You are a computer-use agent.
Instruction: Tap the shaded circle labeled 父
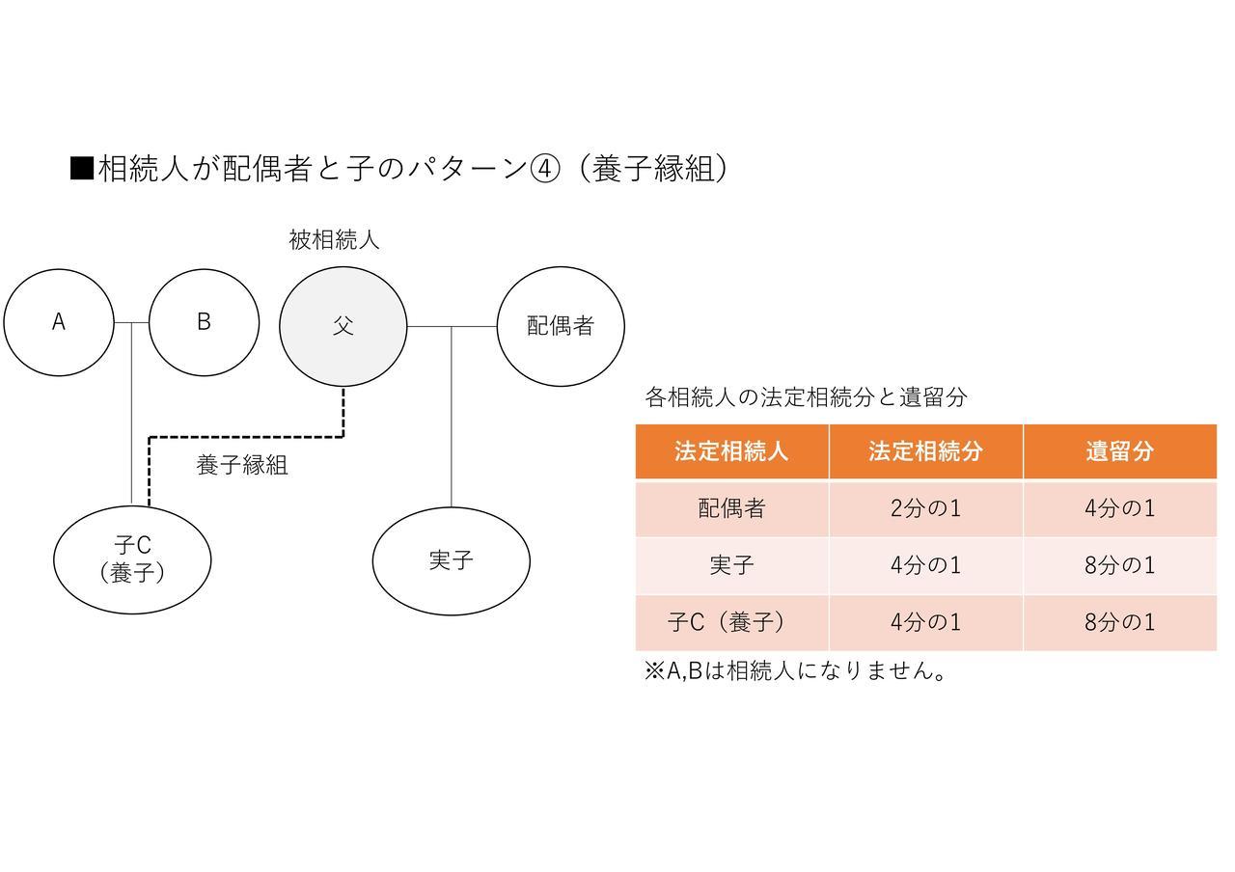click(x=343, y=327)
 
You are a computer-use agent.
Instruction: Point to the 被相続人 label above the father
click(x=334, y=240)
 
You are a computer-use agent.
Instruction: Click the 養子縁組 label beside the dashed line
click(x=242, y=465)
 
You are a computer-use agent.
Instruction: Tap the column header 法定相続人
click(x=731, y=451)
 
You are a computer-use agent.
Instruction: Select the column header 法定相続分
click(x=926, y=451)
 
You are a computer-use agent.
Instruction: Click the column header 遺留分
click(x=1120, y=451)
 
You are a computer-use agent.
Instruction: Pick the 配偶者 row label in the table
click(x=731, y=508)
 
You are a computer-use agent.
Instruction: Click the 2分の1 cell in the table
click(x=926, y=508)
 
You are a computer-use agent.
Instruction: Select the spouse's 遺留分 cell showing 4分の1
click(x=1120, y=508)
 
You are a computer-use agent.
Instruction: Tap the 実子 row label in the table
click(x=731, y=565)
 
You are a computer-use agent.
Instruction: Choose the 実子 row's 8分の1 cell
click(x=1120, y=565)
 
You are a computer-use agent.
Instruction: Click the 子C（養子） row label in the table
click(x=727, y=623)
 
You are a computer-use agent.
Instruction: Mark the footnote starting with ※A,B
click(x=795, y=670)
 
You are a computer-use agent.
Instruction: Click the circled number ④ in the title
click(x=545, y=168)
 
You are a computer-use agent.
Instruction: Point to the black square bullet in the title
click(x=82, y=168)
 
